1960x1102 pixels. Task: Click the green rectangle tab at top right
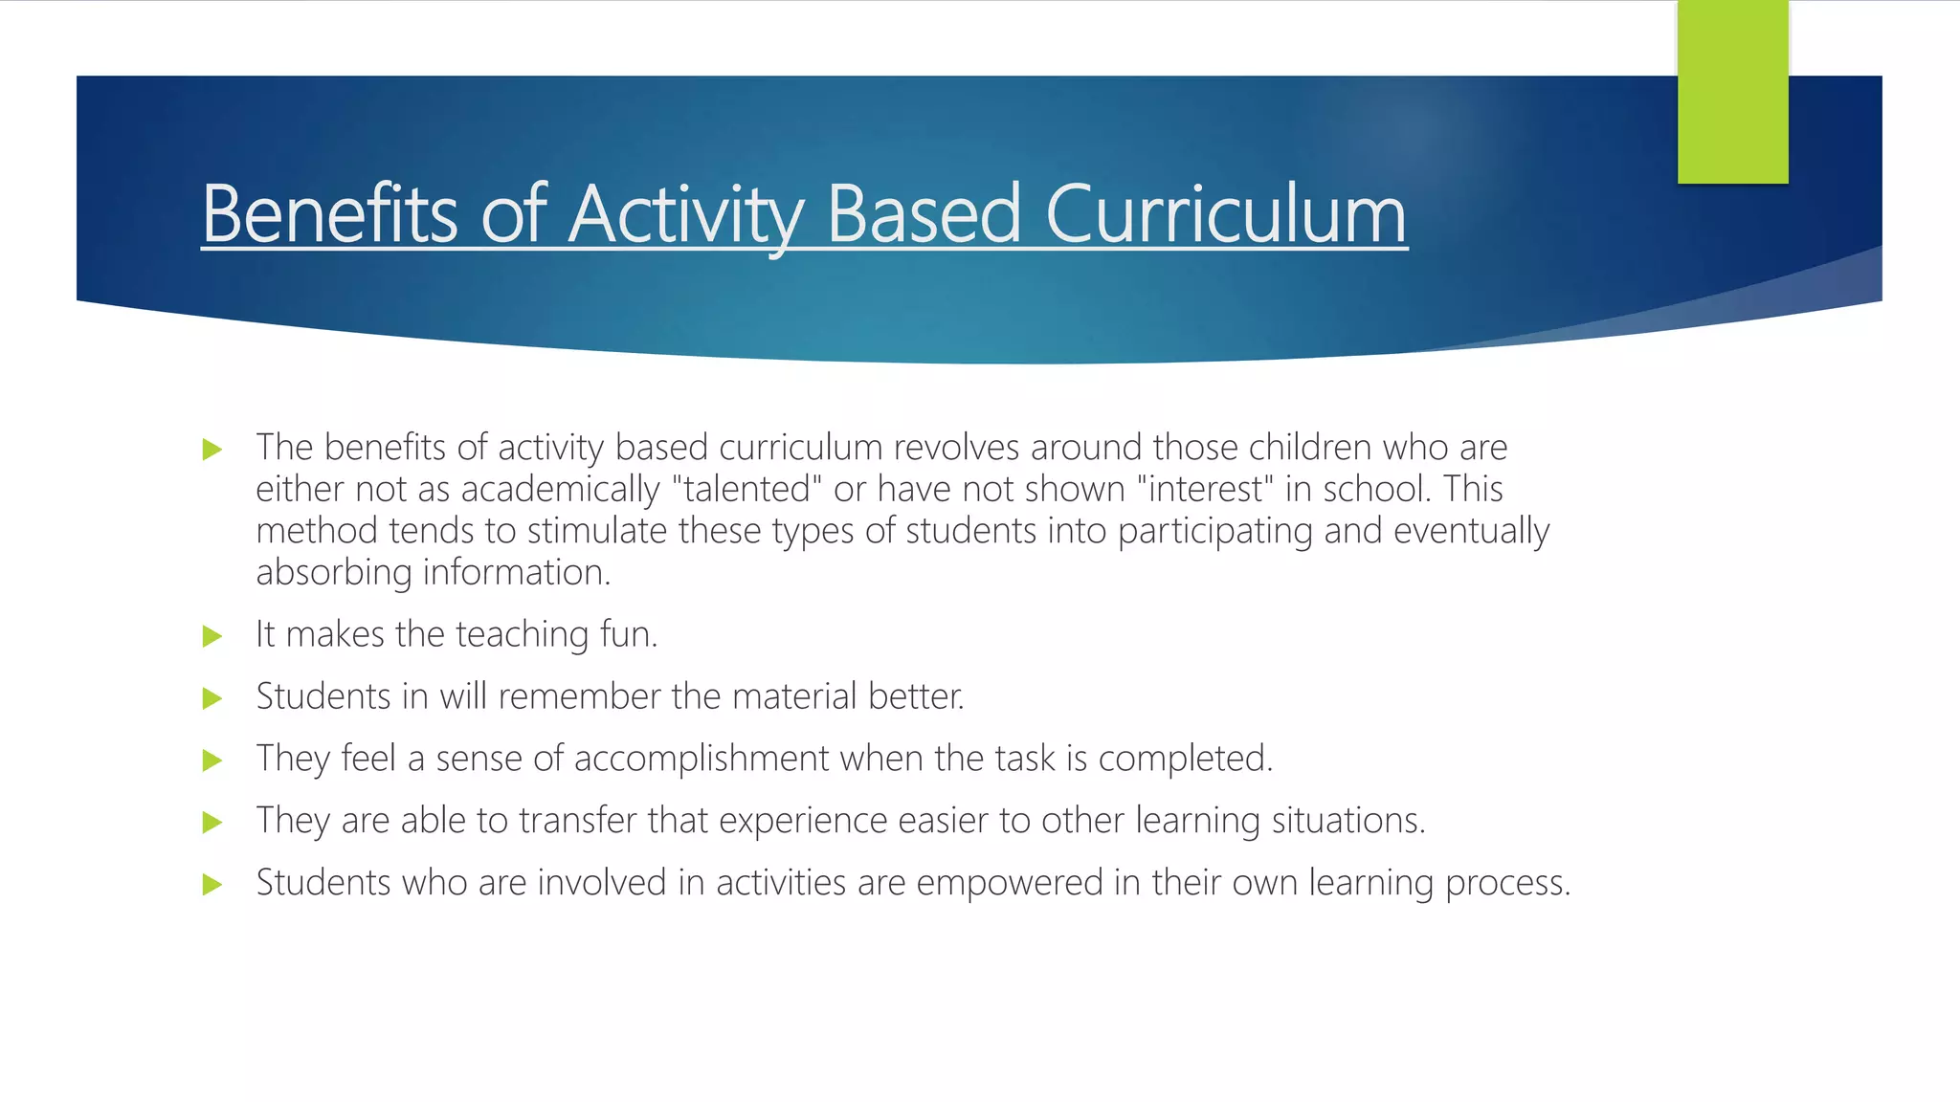coord(1732,92)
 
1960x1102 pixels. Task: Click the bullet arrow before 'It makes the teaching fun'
coord(212,636)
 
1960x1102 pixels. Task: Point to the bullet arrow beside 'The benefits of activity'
coord(212,450)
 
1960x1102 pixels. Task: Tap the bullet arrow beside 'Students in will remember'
coord(212,698)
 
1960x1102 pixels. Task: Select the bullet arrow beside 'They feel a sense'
coord(212,760)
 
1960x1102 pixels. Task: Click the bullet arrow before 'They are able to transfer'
coord(212,823)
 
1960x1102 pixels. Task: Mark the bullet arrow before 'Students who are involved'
coord(212,885)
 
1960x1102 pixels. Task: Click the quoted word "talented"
coord(747,489)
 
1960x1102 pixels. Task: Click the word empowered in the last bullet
coord(1010,883)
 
